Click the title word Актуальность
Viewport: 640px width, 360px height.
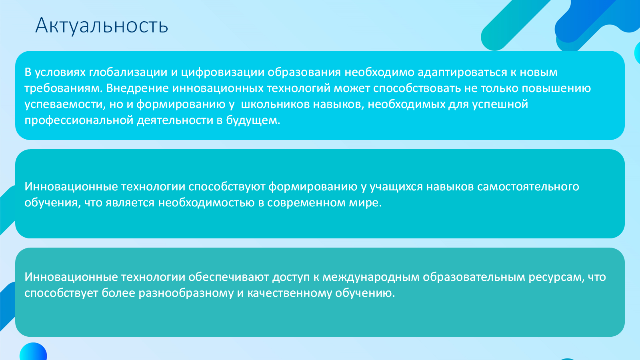click(x=102, y=26)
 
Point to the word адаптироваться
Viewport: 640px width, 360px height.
click(x=462, y=72)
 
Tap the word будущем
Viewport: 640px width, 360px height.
click(x=253, y=120)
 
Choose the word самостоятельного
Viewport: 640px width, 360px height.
click(x=528, y=187)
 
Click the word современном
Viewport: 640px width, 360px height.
click(x=306, y=203)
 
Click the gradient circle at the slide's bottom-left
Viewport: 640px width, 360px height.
click(x=33, y=352)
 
